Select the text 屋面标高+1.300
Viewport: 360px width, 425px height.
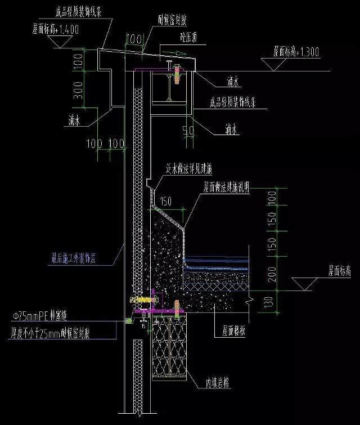pyautogui.click(x=296, y=52)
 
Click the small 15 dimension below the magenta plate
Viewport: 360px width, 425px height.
pyautogui.click(x=143, y=325)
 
